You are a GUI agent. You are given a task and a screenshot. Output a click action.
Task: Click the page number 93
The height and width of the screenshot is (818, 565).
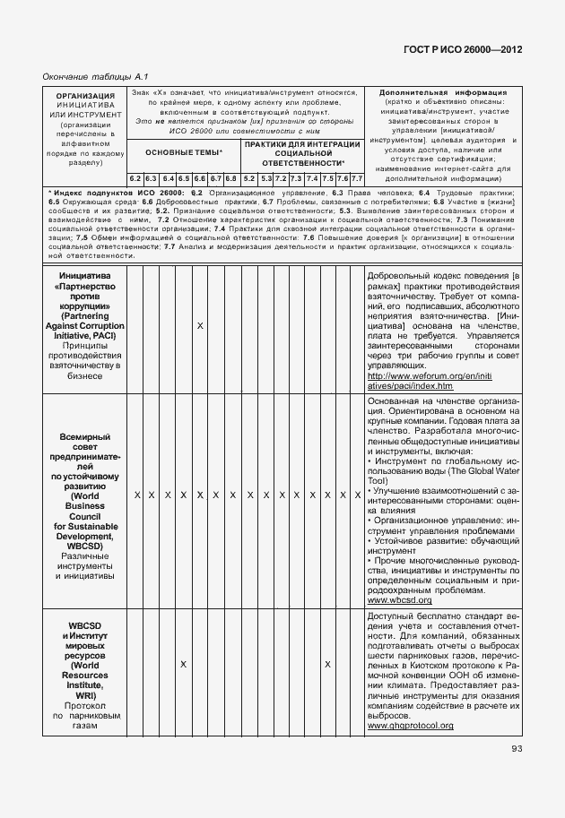click(x=517, y=750)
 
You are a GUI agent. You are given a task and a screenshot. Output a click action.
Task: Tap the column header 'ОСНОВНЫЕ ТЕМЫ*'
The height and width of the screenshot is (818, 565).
click(x=184, y=153)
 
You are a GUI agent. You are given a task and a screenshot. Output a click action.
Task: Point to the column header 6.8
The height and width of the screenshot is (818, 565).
click(x=230, y=178)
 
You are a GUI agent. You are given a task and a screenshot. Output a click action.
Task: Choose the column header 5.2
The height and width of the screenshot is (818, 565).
click(x=249, y=178)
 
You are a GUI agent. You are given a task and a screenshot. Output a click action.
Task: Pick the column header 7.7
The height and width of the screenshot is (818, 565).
click(x=356, y=178)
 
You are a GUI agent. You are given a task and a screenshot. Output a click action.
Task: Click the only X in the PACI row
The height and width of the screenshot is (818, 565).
click(x=200, y=325)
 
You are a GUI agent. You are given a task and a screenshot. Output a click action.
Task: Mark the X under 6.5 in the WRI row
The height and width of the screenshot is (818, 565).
click(x=183, y=664)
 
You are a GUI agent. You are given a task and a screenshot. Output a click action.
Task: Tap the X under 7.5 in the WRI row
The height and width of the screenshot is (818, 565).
click(x=328, y=664)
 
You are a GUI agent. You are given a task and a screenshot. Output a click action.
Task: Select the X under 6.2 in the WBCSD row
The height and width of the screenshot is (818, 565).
click(x=136, y=495)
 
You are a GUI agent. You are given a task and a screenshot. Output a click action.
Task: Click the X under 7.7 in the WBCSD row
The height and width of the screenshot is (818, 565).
click(x=357, y=495)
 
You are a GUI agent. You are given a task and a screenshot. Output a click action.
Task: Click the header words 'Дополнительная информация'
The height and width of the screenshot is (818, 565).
click(x=443, y=92)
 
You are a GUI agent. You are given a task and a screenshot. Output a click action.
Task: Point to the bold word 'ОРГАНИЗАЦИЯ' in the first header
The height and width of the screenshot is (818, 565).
click(x=85, y=95)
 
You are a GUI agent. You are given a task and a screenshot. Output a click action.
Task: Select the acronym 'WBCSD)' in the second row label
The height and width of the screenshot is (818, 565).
click(x=85, y=545)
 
